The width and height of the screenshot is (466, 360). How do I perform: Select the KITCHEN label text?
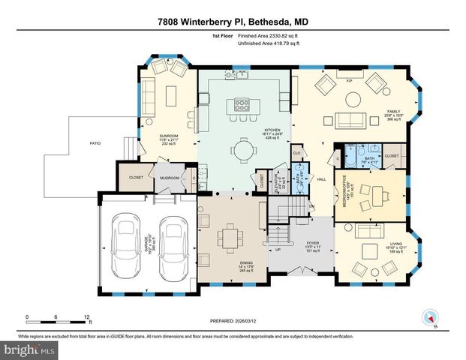[271, 130]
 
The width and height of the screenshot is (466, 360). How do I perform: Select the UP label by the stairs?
[278, 250]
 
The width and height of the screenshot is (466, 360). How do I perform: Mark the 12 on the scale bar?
[89, 316]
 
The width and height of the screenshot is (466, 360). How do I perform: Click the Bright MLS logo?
[29, 349]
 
